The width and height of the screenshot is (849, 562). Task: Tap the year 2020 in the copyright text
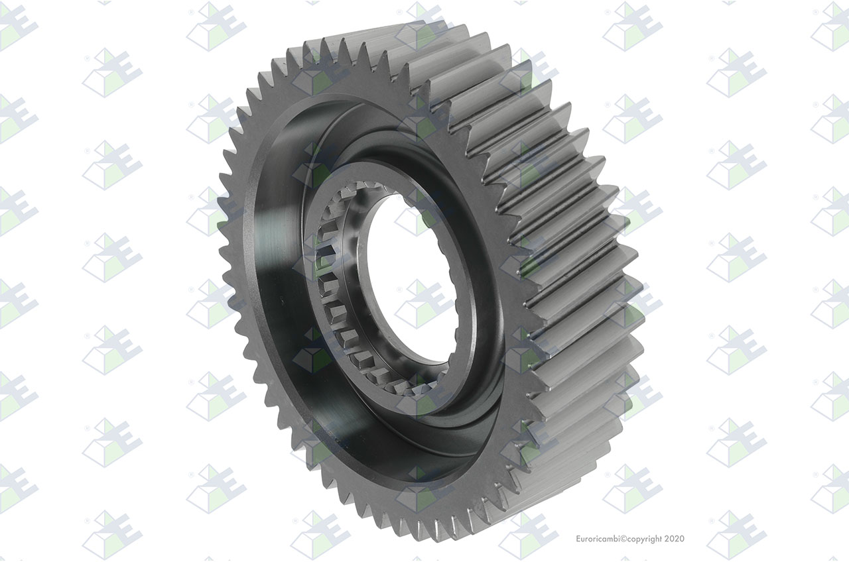coord(675,539)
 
